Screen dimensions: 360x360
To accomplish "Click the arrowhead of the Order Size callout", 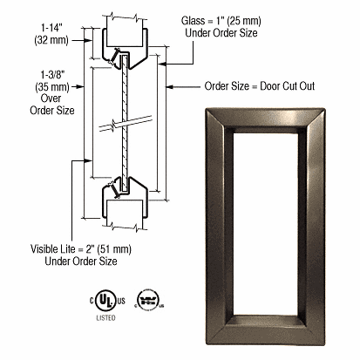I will point(171,86).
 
